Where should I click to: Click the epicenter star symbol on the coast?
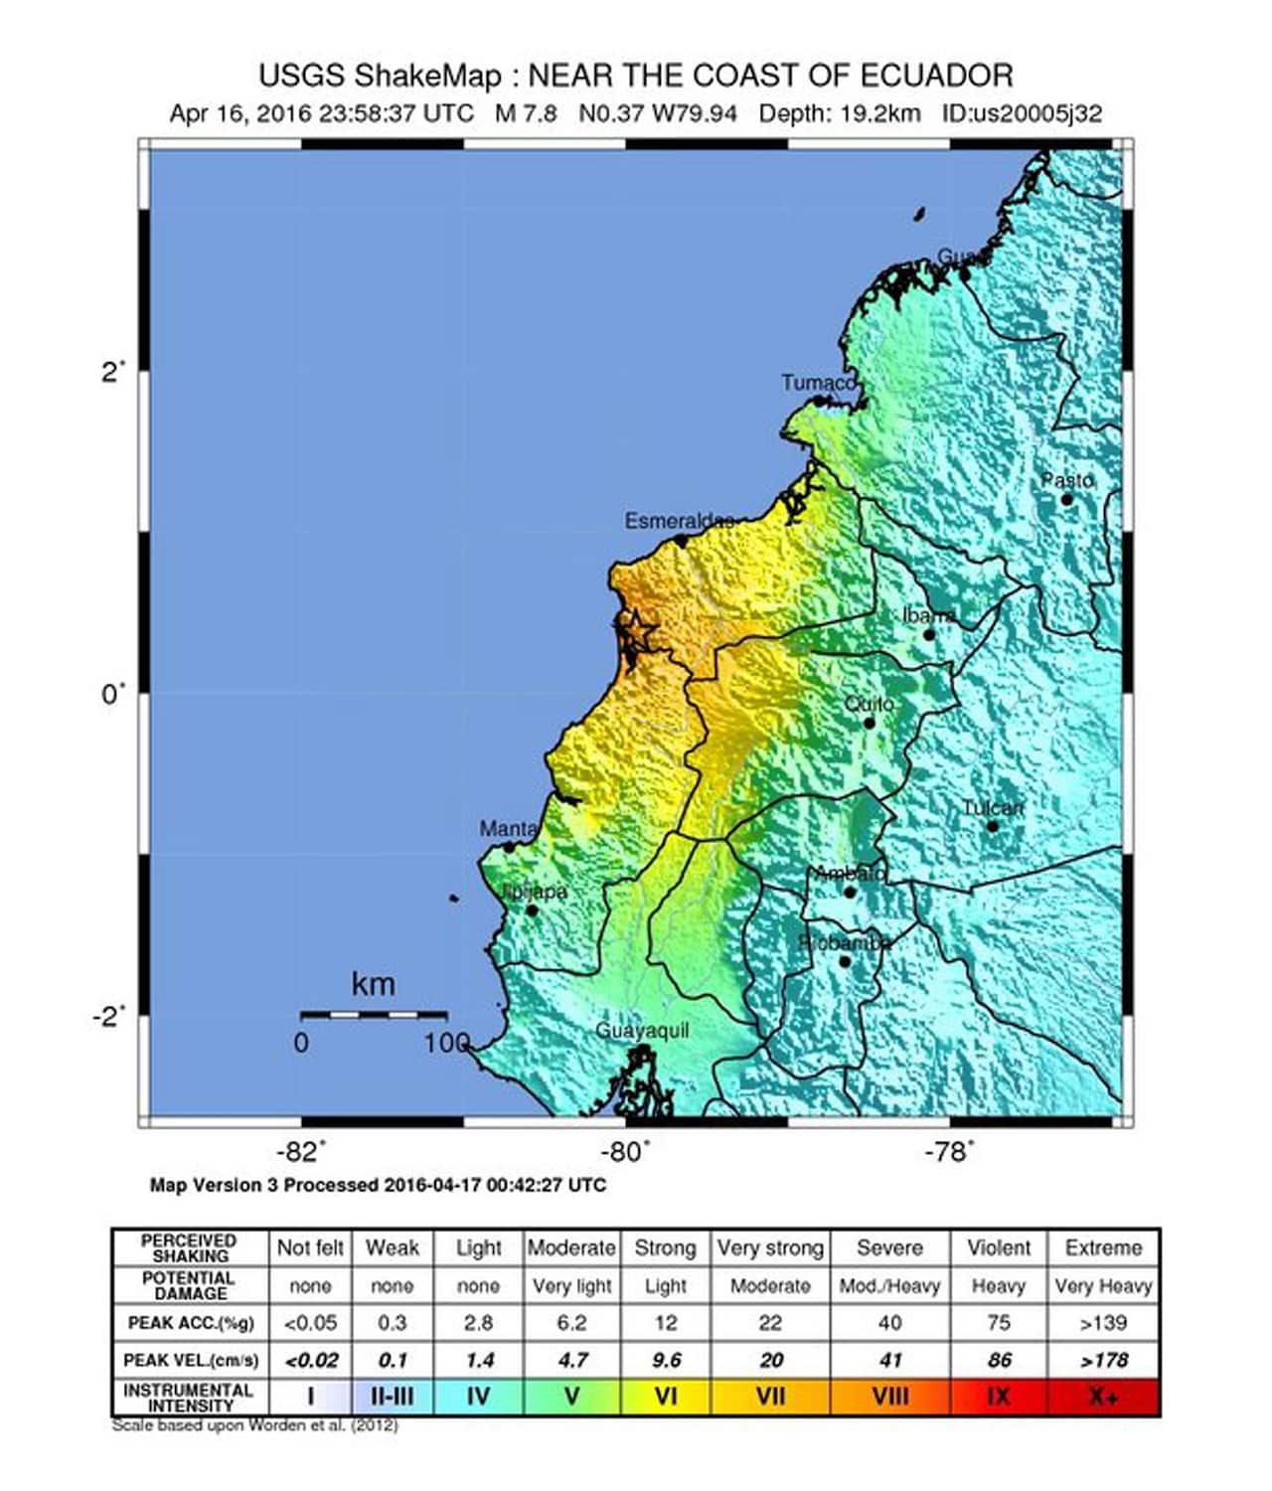tap(636, 630)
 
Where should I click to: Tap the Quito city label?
tap(869, 704)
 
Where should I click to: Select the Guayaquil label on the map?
tap(642, 1031)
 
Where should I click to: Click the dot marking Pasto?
tap(1066, 499)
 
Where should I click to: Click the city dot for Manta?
tap(509, 847)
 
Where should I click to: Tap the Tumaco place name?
tap(817, 383)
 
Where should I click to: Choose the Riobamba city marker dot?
tap(845, 961)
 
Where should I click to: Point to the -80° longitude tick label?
tap(625, 1152)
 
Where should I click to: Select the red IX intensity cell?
tap(998, 1397)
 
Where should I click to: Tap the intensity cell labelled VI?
tap(665, 1397)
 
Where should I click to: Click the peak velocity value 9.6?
tap(665, 1360)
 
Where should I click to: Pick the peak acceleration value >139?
tap(1102, 1323)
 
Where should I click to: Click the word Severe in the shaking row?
tap(889, 1247)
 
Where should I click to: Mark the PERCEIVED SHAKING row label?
tap(189, 1247)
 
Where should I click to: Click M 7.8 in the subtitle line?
tap(526, 113)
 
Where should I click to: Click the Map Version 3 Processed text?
tap(377, 1185)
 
